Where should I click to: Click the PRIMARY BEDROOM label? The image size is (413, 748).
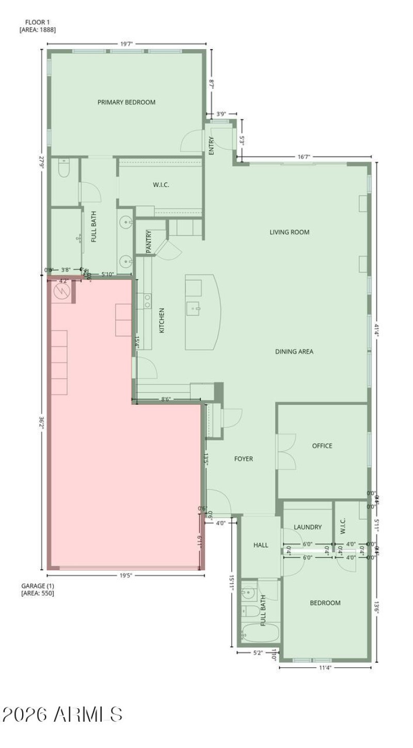(x=126, y=102)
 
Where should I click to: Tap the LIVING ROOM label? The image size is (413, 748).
(x=290, y=232)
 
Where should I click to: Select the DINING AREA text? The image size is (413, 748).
(x=294, y=352)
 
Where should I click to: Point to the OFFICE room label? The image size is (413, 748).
(x=322, y=446)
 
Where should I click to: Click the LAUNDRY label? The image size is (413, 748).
(x=308, y=527)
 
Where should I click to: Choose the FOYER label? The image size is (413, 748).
(x=244, y=459)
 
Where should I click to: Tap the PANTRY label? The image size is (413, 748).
(x=149, y=242)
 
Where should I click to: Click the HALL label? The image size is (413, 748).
(x=261, y=545)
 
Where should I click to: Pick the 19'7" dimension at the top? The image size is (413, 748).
(x=127, y=44)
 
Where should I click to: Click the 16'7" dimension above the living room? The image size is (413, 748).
(x=304, y=157)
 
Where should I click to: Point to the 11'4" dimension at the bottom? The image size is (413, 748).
(x=325, y=668)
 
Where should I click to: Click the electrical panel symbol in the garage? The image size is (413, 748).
(x=61, y=291)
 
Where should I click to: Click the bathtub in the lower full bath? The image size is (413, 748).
(x=260, y=633)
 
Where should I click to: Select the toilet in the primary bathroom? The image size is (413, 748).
(x=64, y=168)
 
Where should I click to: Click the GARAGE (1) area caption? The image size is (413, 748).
(x=37, y=586)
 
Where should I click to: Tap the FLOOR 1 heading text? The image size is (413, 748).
(x=38, y=22)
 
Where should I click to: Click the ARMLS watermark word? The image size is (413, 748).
(x=88, y=715)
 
